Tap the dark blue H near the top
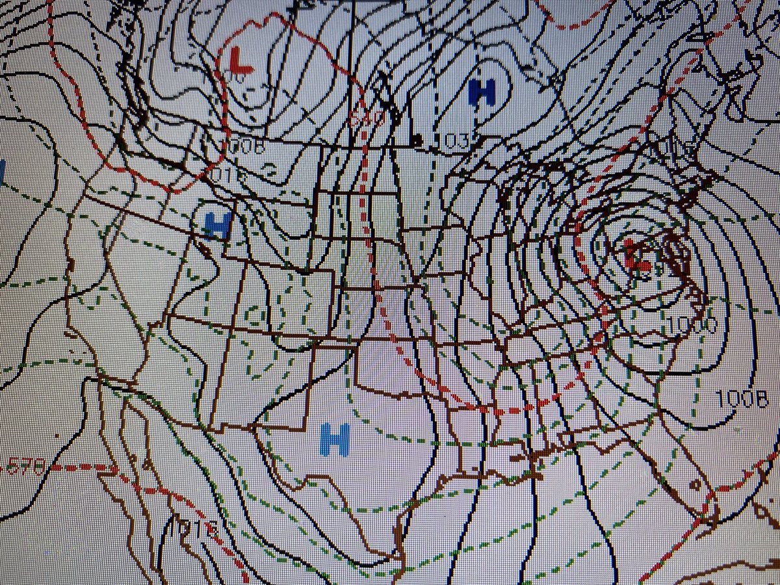point(482,92)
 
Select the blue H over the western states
point(218,225)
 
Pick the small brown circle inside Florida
point(694,484)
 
